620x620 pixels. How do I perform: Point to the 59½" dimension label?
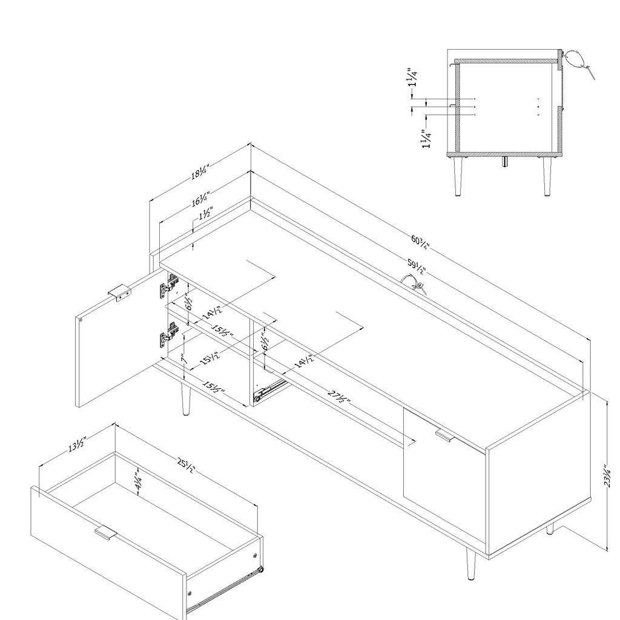[x=417, y=267]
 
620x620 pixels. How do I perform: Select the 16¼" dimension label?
[x=200, y=199]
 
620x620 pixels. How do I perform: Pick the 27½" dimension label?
[x=339, y=397]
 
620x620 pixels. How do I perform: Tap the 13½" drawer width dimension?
[x=77, y=444]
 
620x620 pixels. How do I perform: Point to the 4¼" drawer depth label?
[x=139, y=481]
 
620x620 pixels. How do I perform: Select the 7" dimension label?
[x=184, y=358]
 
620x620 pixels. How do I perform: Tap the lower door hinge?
[x=170, y=334]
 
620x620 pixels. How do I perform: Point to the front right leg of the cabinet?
[x=470, y=563]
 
